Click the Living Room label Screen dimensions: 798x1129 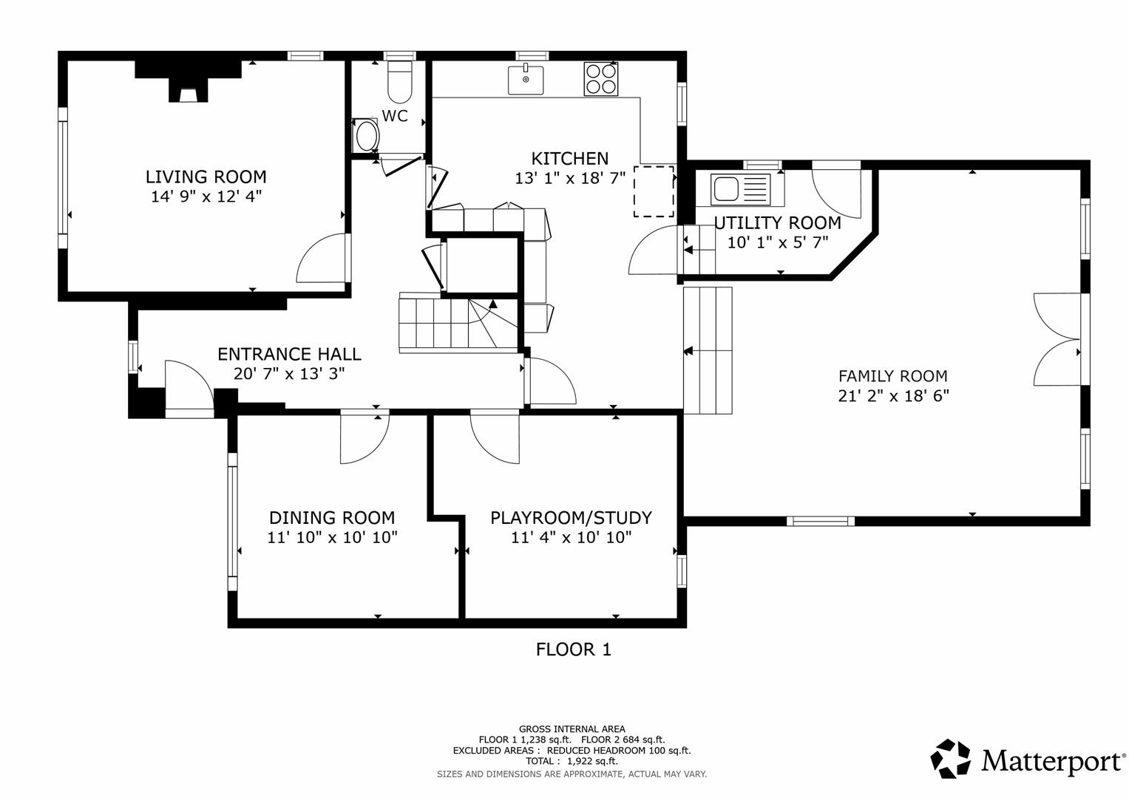206,177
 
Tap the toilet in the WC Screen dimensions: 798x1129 400,83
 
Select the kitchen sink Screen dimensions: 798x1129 526,80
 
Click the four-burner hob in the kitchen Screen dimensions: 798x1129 600,79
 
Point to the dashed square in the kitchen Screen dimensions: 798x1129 654,191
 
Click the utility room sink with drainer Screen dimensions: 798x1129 739,188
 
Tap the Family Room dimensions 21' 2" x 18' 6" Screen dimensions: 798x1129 892,395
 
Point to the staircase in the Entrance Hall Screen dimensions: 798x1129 447,322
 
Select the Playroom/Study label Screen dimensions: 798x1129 571,517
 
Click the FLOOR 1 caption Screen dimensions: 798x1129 573,649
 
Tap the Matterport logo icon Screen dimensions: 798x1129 950,759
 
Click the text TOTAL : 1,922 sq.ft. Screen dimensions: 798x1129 572,761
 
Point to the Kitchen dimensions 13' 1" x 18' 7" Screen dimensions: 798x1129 570,178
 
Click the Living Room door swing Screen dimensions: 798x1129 322,259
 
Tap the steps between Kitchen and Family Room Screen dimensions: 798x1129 708,350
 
